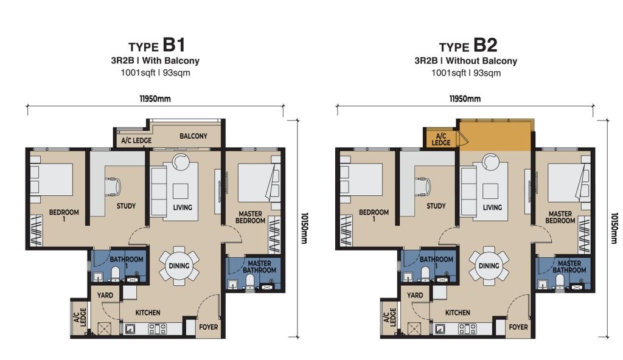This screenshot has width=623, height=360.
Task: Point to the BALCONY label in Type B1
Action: (x=193, y=136)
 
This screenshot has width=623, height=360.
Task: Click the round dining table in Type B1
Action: (x=179, y=266)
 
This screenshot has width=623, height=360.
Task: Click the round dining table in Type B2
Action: (x=489, y=266)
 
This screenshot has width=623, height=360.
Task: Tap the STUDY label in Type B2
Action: (x=436, y=206)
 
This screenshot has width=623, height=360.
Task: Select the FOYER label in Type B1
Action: (x=209, y=327)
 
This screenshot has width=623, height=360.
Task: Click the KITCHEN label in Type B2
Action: (x=458, y=313)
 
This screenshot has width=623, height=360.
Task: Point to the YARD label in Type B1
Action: (x=105, y=296)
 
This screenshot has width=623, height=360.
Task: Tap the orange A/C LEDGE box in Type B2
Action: (x=441, y=139)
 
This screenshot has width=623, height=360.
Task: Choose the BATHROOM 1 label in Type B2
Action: (x=436, y=263)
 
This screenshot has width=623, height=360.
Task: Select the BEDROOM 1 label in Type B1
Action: (x=64, y=216)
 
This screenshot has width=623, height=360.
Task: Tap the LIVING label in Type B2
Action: (x=492, y=207)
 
